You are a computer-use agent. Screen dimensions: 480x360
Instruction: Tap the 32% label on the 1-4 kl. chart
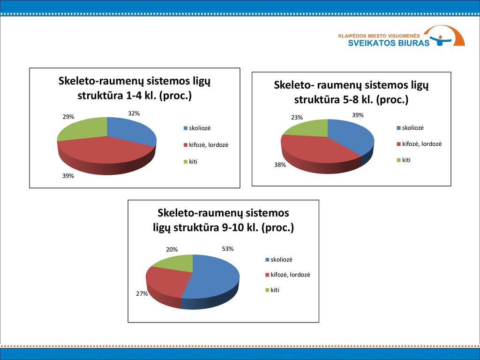(134, 113)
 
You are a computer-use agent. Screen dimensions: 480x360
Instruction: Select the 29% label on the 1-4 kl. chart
(68, 117)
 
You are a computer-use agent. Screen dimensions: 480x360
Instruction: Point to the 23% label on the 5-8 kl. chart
(297, 117)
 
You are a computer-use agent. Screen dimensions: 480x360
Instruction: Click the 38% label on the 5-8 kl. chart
(280, 165)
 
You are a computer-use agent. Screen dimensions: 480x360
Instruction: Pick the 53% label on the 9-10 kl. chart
(227, 248)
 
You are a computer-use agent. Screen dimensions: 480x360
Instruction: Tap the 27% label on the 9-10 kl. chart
(142, 293)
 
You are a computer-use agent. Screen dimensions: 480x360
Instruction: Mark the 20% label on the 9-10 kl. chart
(172, 249)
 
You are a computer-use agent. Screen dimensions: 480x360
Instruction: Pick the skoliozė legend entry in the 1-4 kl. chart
(197, 128)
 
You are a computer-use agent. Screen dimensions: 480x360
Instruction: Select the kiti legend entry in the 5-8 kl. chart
(404, 160)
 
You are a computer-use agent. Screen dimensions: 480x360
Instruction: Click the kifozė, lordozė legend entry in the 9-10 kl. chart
(288, 275)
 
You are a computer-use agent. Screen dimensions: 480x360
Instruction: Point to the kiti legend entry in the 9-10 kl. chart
(272, 290)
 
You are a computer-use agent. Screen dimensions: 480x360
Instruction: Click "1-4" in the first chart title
(133, 96)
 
